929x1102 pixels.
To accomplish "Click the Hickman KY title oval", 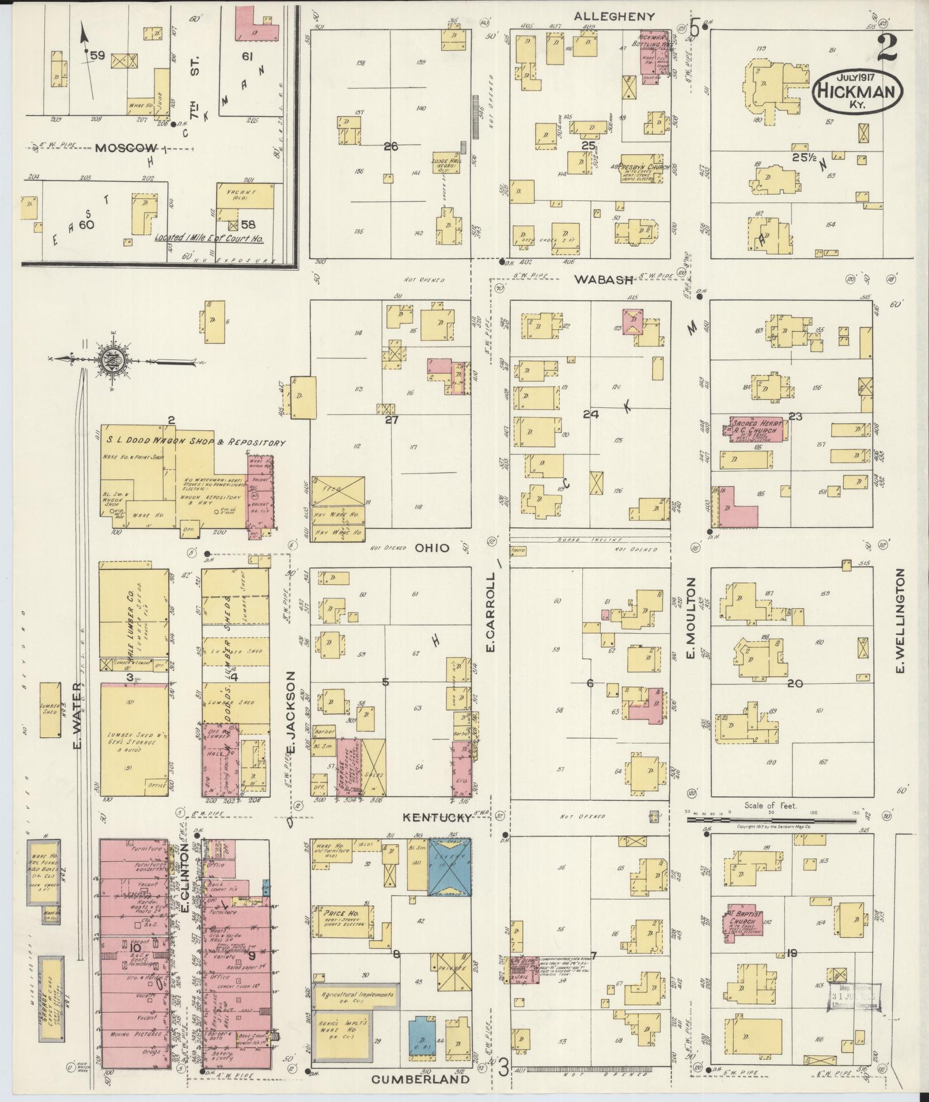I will tap(858, 90).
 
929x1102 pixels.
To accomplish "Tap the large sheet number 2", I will tap(887, 48).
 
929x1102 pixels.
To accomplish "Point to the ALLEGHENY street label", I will tap(615, 17).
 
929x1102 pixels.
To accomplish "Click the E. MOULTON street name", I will tap(691, 618).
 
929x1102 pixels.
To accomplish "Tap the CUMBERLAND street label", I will tap(420, 1079).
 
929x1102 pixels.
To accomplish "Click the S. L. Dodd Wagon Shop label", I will tap(195, 442).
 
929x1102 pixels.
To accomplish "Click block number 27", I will tap(391, 419).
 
